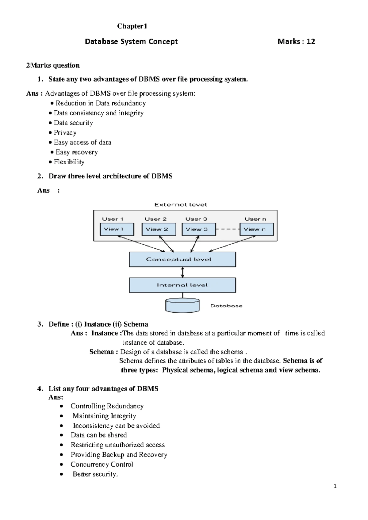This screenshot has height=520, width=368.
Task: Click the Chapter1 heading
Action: click(x=132, y=26)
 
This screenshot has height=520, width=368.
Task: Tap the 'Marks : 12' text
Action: click(x=296, y=42)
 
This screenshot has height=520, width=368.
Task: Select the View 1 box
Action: click(x=117, y=229)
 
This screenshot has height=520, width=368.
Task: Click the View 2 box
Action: click(x=159, y=229)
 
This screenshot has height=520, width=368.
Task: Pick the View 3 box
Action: click(x=199, y=229)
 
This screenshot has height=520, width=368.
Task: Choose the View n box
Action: click(x=256, y=229)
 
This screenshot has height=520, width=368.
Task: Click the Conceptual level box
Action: click(x=182, y=259)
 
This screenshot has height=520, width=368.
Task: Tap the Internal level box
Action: click(x=182, y=285)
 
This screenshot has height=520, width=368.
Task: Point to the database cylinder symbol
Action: click(x=182, y=305)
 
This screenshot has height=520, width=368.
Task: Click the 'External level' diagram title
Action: click(x=181, y=205)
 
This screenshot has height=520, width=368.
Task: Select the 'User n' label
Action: click(x=255, y=219)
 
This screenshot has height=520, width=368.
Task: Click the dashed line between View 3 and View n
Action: click(x=228, y=229)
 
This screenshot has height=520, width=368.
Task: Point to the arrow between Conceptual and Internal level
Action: click(x=182, y=272)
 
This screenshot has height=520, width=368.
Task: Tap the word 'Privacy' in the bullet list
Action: click(x=65, y=133)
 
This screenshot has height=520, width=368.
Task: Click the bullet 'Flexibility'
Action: click(x=69, y=162)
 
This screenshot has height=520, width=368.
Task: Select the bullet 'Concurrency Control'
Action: click(x=102, y=464)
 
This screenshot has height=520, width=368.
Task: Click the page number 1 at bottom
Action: click(x=335, y=486)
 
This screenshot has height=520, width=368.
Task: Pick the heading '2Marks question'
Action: click(x=53, y=65)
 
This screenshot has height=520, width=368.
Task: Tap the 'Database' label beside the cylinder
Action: click(x=226, y=306)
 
